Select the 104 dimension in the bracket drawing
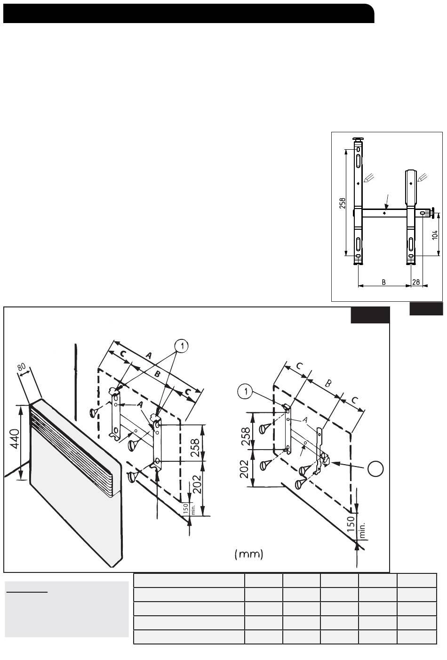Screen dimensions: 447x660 435,235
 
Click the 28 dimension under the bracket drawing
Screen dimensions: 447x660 416,282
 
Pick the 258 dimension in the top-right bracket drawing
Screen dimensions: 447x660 343,203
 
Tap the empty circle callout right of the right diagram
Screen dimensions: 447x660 376,468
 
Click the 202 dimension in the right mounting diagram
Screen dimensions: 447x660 245,469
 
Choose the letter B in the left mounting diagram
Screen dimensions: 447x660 158,374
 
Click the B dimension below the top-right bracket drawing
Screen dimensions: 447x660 383,282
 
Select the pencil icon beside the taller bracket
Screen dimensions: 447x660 369,178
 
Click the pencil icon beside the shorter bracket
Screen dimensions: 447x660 423,177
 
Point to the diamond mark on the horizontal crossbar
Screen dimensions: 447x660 384,213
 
